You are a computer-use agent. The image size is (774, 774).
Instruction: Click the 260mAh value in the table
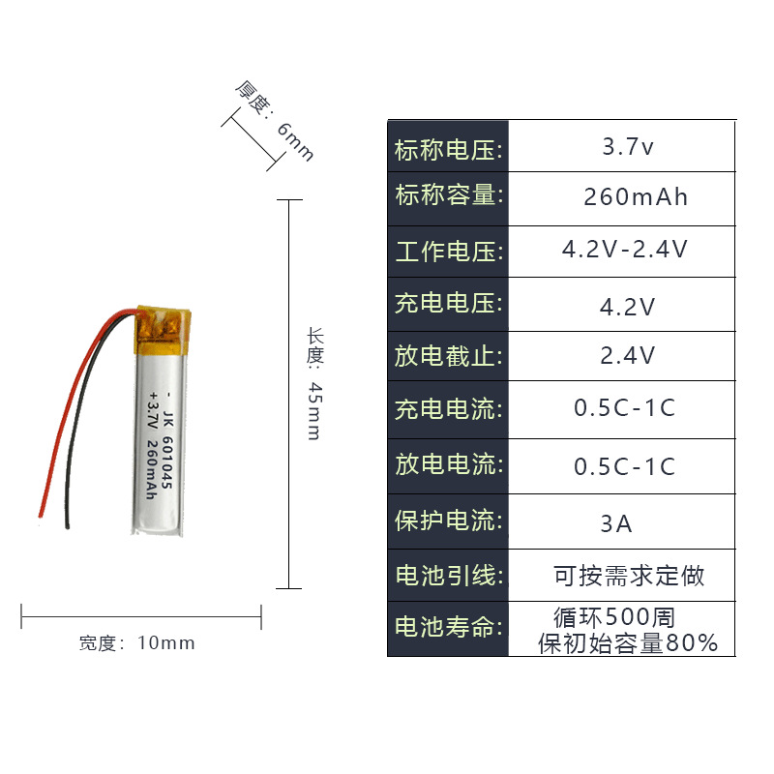[x=636, y=197]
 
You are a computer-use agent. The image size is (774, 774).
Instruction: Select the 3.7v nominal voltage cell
[x=628, y=148]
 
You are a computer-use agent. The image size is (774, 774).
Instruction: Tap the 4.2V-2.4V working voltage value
[x=625, y=250]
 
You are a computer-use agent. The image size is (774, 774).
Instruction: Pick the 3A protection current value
[x=616, y=524]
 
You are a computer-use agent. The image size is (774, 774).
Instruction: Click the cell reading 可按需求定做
[x=629, y=577]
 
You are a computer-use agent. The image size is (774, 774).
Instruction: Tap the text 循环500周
[x=613, y=616]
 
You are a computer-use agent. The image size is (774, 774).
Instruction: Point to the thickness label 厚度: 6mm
[x=275, y=120]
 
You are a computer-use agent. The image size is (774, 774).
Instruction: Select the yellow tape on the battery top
[x=160, y=325]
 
